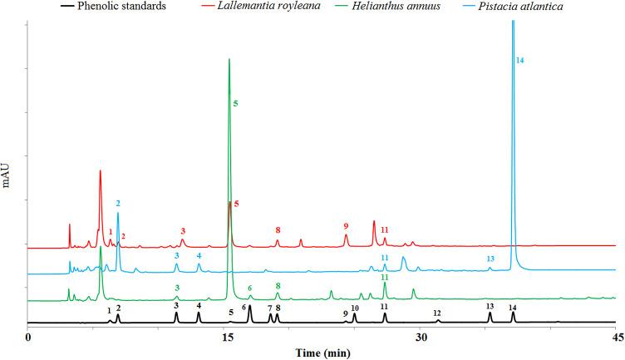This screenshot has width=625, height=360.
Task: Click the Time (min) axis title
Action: [324, 353]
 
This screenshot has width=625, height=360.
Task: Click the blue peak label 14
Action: [519, 61]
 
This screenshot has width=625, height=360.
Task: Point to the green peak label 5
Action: [236, 103]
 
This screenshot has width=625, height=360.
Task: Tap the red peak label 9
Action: [346, 225]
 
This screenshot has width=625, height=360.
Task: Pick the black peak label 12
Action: [437, 313]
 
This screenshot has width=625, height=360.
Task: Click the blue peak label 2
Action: [118, 203]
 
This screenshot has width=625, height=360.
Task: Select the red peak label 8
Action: [278, 230]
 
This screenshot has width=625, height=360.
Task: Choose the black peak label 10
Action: [355, 307]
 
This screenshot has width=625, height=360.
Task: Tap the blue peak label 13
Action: [490, 259]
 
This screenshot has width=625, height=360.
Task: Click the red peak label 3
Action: [183, 230]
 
